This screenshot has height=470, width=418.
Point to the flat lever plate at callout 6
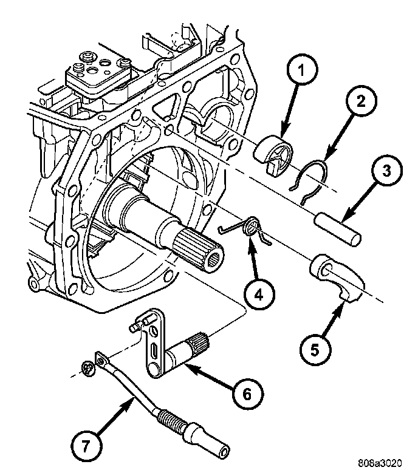(x=153, y=340)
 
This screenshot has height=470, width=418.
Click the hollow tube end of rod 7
(x=216, y=444)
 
